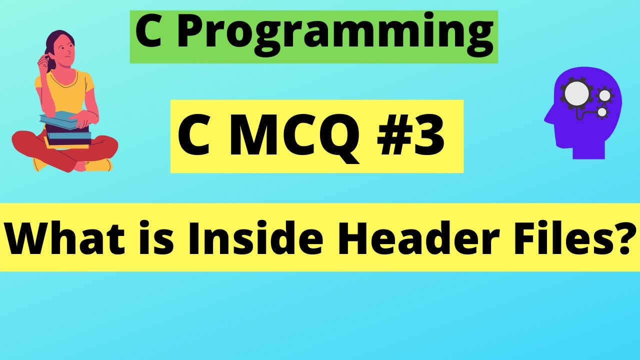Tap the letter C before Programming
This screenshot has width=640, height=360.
[149, 32]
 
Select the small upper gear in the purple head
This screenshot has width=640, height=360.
[604, 94]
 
